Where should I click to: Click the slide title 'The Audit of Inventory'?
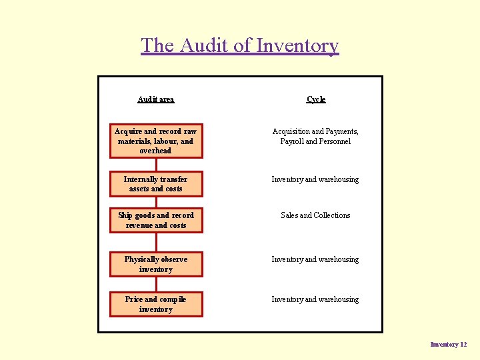coord(240,45)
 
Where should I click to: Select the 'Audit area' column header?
coord(155,99)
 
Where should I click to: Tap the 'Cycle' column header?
coord(316,99)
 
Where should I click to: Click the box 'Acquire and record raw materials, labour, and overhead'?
coord(156,141)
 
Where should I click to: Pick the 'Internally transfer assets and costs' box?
coord(156,184)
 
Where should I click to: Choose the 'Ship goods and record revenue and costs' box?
coord(156,220)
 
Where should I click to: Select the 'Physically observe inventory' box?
coord(156,264)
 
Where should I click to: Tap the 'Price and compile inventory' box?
coord(156,304)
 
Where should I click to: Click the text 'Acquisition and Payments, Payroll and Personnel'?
coord(315,136)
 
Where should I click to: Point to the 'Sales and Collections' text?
coord(315,215)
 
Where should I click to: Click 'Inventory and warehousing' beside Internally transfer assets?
coord(315,179)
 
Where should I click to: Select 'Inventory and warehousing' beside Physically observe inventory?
coord(315,259)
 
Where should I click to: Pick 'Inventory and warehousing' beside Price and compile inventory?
coord(315,299)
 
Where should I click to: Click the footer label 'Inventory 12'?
coord(449,345)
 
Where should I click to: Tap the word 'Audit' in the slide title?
coord(203,45)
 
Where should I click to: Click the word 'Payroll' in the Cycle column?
coord(292,141)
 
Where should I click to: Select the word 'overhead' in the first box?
coord(155,151)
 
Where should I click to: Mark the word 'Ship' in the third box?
coord(125,215)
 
